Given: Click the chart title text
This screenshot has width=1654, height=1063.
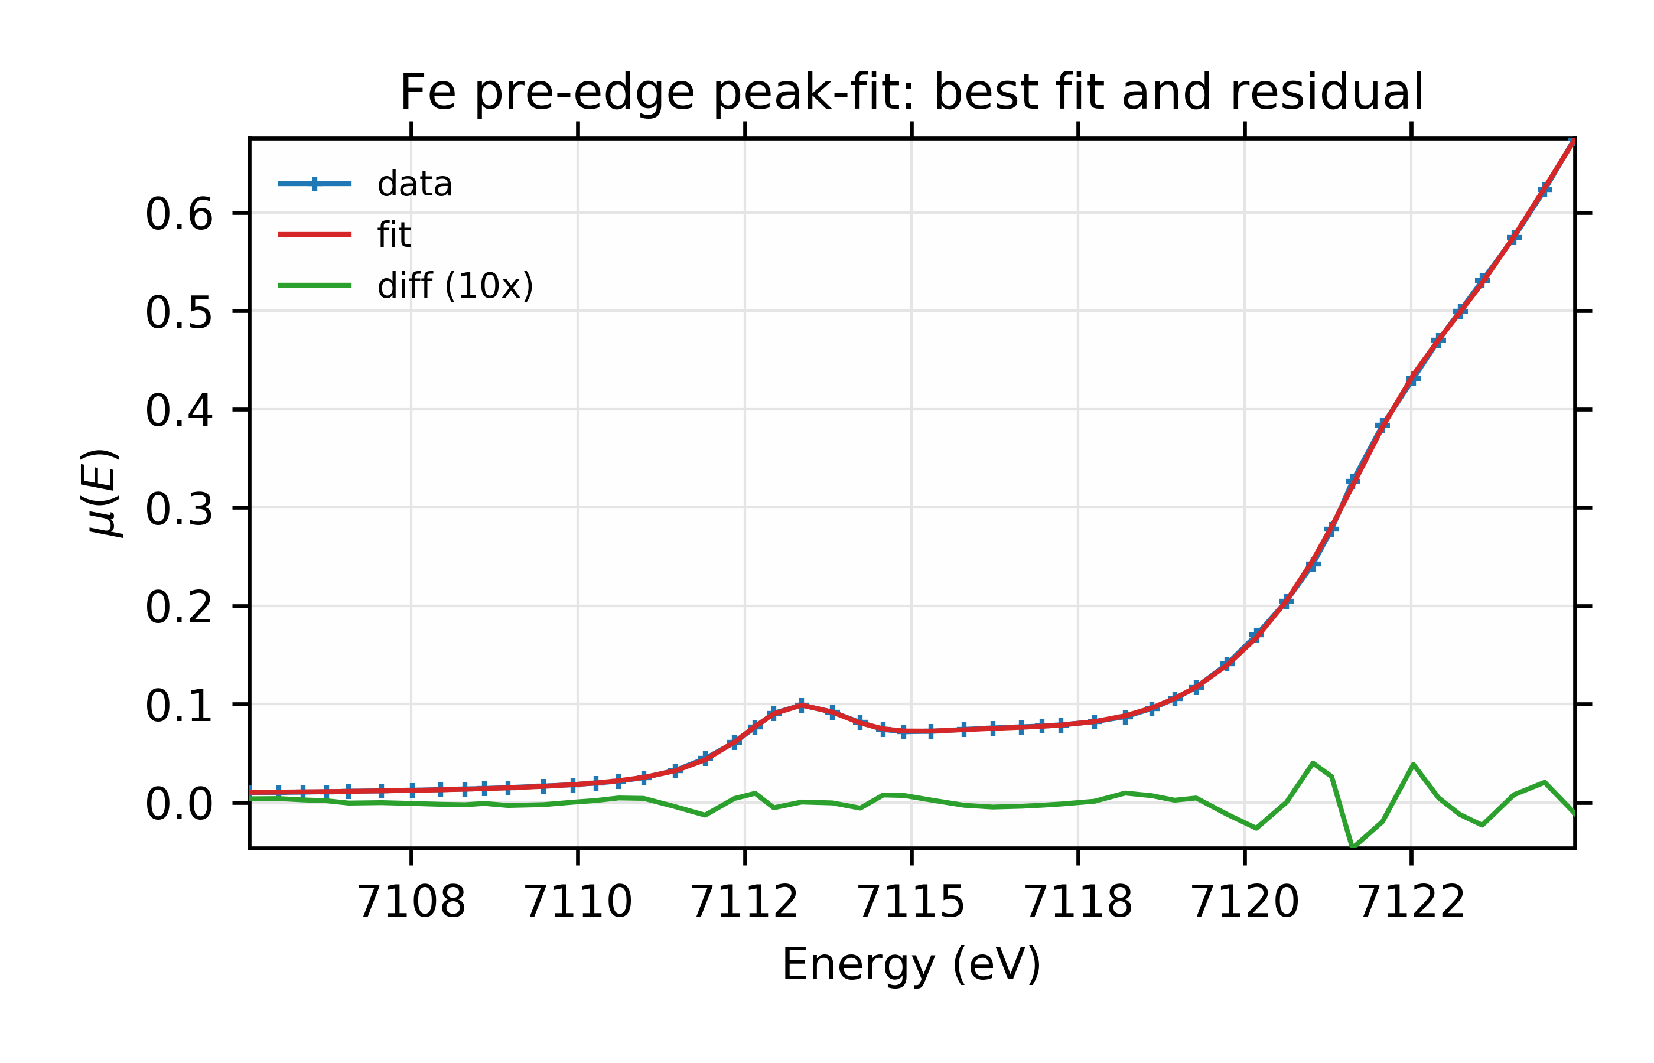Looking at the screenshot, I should (911, 93).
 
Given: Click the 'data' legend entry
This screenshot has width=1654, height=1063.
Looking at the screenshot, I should (414, 184).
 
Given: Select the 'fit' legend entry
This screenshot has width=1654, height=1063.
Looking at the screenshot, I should (393, 236).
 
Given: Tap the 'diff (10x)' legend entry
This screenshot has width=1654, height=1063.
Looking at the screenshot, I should (455, 286).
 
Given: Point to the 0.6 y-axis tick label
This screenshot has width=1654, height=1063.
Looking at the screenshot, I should (179, 215).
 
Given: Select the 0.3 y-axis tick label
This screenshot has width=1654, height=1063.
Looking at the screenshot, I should (179, 510).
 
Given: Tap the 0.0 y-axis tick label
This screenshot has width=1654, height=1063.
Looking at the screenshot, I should (179, 805).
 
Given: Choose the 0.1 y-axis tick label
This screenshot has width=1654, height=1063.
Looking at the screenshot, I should (179, 707).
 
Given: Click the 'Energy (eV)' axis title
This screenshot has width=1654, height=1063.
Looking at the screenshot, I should (911, 964).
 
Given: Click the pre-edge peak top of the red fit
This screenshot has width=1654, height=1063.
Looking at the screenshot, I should (802, 705).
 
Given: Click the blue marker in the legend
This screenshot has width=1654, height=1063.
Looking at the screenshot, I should (315, 184).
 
